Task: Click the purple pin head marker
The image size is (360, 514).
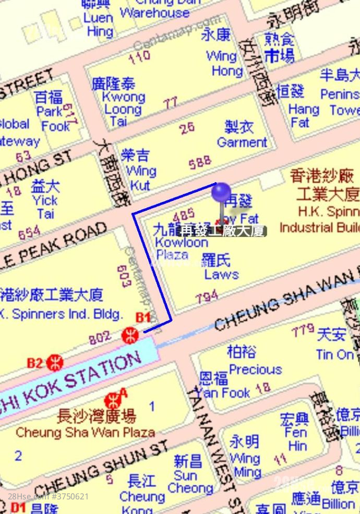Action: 221,193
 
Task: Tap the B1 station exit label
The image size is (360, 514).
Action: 143,317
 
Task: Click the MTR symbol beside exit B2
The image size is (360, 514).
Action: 54,362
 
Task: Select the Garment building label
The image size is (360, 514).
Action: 242,134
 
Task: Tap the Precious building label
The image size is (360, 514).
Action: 255,362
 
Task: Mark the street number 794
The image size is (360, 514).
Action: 207,297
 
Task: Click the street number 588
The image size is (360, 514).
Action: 200,163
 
